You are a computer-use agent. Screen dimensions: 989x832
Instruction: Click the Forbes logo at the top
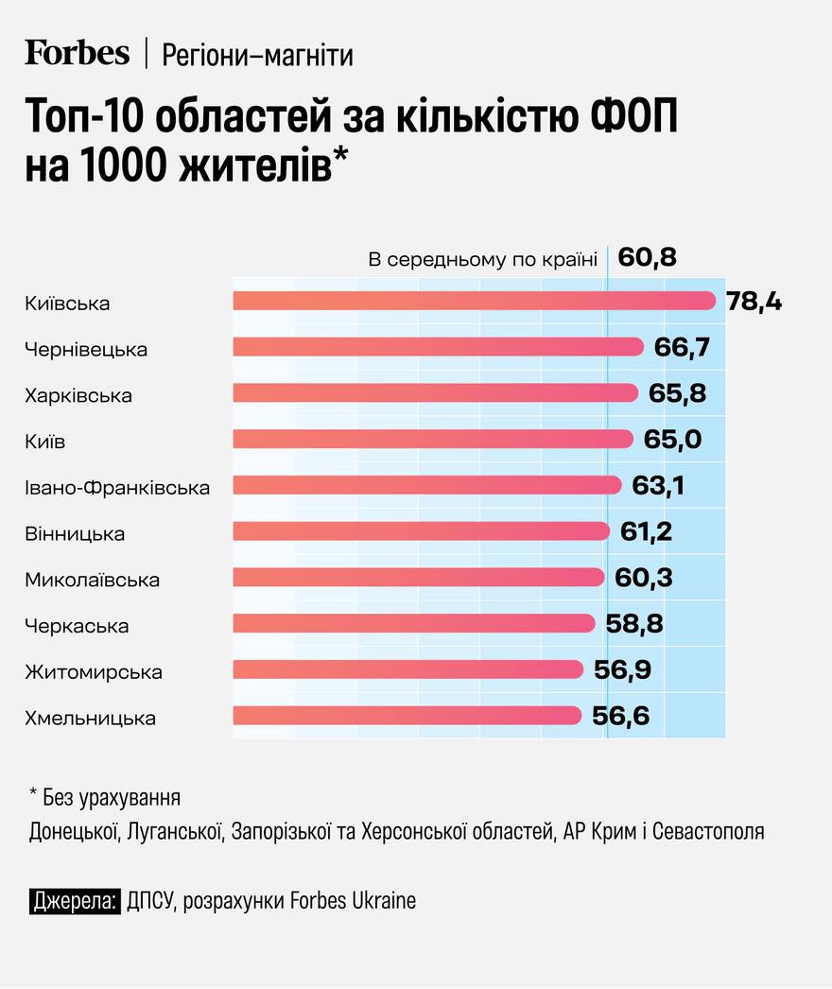click(x=77, y=54)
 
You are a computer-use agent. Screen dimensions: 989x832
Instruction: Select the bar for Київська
click(x=473, y=302)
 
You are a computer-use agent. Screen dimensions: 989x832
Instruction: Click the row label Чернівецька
click(x=86, y=350)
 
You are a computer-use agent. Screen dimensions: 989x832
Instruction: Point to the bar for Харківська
click(x=435, y=393)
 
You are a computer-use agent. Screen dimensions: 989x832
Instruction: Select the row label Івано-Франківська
click(x=117, y=488)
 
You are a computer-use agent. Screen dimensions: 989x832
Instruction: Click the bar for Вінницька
click(x=421, y=531)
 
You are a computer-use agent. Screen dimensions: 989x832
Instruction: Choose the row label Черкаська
click(x=77, y=626)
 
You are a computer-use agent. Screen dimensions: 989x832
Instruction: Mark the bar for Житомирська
click(x=407, y=669)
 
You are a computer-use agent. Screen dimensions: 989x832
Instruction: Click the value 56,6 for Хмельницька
click(x=620, y=717)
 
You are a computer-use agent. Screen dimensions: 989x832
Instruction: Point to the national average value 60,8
click(x=647, y=257)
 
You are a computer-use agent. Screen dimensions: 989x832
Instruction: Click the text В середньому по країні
click(x=482, y=259)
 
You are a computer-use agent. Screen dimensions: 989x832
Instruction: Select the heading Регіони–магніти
click(x=257, y=56)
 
